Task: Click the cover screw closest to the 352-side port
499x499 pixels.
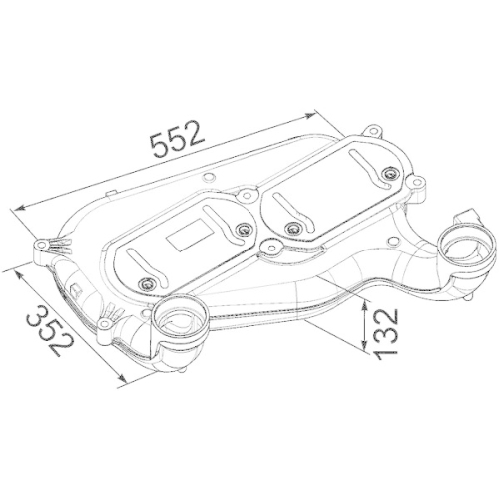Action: (x=149, y=280)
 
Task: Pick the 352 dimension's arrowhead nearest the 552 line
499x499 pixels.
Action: (x=8, y=266)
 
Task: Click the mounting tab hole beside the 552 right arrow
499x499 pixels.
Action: (x=374, y=130)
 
